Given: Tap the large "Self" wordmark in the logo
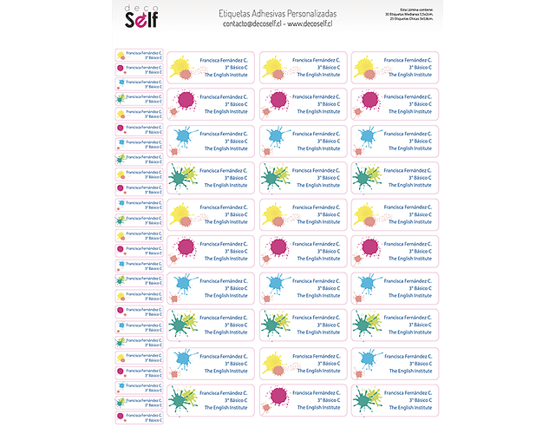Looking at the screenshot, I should click(139, 23).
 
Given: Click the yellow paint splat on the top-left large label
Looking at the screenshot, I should click(180, 64).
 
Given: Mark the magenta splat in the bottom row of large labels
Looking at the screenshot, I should click(277, 395).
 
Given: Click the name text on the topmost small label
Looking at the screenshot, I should click(143, 52).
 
